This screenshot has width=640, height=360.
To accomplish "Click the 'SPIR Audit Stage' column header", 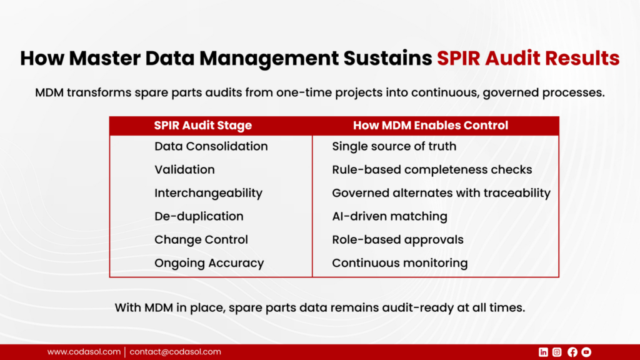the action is point(203,125).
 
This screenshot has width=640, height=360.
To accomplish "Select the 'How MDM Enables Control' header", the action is point(431,125).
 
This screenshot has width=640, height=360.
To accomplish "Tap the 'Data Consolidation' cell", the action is point(211,146).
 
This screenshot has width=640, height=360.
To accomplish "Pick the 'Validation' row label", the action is point(184,169).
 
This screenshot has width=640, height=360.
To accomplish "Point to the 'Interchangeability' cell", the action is point(208,193).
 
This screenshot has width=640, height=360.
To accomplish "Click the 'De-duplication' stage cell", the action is point(199,216).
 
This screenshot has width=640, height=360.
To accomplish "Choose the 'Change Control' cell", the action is point(201,239).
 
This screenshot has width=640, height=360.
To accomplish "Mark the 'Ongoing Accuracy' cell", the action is point(209,263).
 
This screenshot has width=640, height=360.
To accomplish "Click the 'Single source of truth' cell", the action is point(394,146).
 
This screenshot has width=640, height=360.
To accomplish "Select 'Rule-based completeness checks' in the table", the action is point(432,169).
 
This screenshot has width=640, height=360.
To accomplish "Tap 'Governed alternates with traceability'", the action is point(441,193).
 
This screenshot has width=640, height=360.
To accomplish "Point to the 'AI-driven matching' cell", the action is point(390,216).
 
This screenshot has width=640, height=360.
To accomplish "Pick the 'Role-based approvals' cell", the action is point(398,239).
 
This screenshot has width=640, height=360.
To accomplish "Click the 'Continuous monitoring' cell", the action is point(400,263).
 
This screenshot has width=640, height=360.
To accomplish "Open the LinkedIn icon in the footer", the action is point(543,352).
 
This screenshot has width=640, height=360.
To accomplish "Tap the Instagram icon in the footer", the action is point(557,352).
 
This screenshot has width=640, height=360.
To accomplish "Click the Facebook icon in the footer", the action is point(572,352).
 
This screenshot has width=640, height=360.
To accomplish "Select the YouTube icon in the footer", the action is point(586,352).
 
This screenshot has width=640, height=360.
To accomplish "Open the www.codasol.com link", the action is point(84,352).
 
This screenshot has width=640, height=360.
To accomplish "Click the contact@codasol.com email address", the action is point(176,352).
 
